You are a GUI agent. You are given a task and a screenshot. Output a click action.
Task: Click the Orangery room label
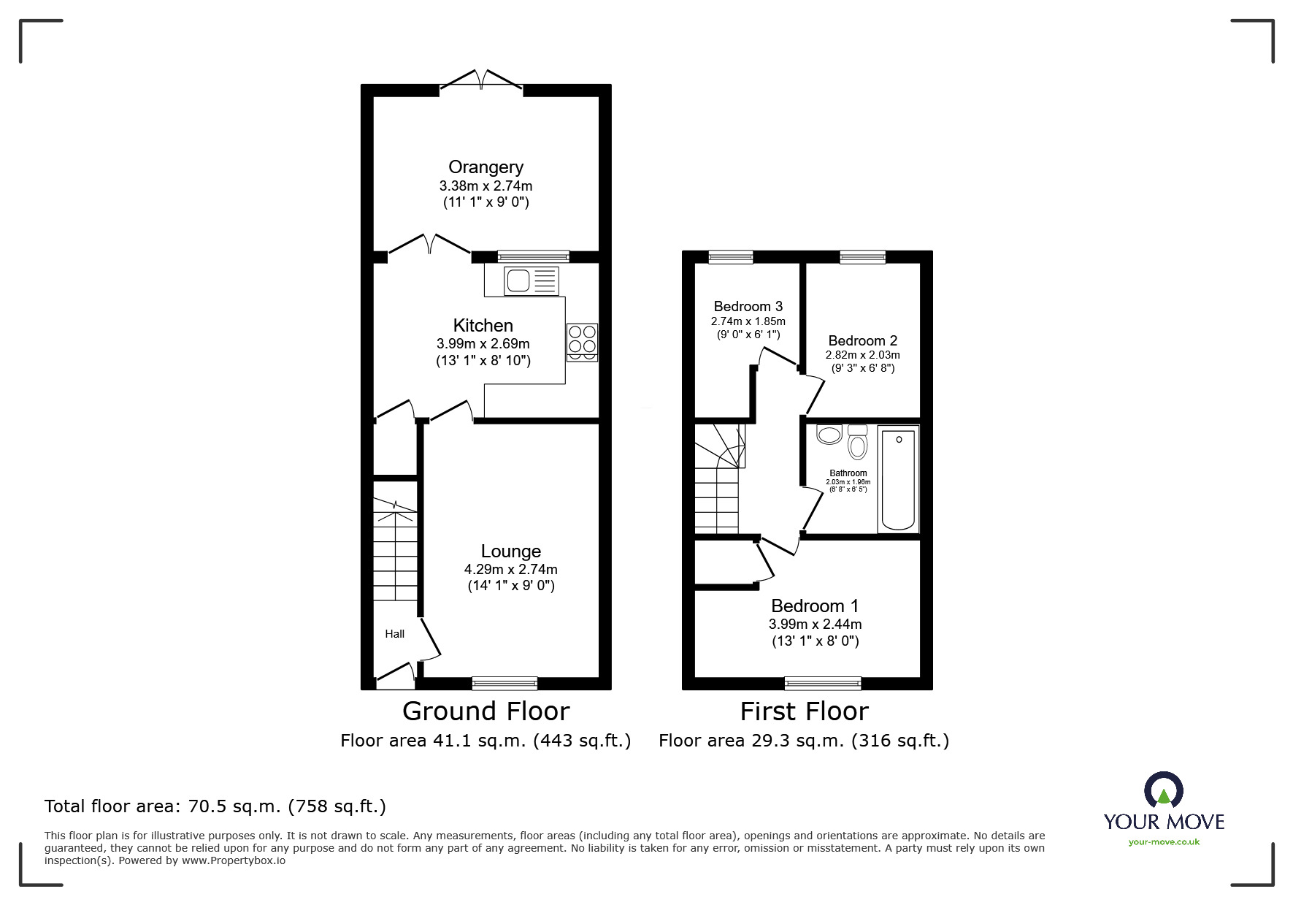click(486, 167)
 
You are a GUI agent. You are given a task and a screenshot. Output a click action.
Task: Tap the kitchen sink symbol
click(531, 280)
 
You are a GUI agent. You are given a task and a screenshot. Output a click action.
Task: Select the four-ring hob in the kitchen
click(582, 342)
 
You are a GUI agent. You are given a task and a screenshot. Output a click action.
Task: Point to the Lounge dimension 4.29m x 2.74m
click(510, 569)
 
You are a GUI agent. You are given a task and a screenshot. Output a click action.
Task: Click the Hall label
click(394, 634)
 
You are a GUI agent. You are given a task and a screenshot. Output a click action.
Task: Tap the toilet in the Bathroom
click(857, 443)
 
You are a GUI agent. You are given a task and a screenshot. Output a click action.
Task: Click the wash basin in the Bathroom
click(829, 435)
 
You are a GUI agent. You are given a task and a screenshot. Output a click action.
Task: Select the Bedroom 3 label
click(748, 306)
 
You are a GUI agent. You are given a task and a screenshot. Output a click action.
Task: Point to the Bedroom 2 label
click(862, 340)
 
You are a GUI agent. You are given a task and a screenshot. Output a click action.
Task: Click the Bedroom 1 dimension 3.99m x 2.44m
click(815, 625)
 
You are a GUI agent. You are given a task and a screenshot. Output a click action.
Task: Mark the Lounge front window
click(504, 683)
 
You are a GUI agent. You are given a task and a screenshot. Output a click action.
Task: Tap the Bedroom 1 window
click(822, 683)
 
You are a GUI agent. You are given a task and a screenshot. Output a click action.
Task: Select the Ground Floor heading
click(486, 711)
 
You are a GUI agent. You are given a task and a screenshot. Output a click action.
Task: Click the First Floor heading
click(804, 711)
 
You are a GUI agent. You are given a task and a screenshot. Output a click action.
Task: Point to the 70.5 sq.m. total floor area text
click(215, 806)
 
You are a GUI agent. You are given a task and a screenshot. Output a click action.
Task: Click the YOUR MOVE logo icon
click(1163, 790)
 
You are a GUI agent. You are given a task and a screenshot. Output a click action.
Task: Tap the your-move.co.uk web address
click(1164, 841)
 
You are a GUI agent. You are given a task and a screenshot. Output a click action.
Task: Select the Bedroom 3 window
click(730, 256)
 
